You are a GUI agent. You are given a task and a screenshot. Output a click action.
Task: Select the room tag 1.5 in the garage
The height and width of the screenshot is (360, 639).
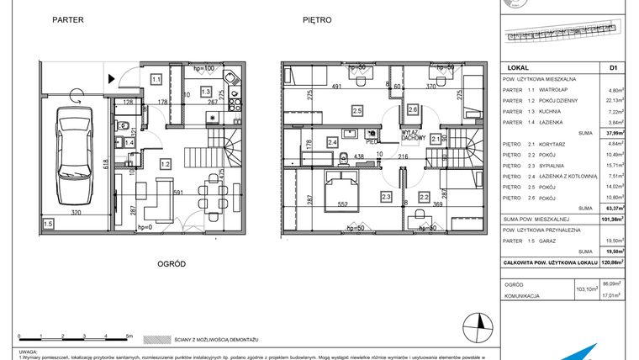[49, 223]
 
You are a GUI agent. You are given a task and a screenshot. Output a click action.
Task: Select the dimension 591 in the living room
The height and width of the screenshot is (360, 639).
[177, 193]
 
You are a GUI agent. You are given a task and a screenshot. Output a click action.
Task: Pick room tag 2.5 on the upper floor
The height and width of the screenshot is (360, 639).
[356, 110]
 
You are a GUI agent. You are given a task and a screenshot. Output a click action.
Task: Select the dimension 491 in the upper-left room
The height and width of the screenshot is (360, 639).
[335, 86]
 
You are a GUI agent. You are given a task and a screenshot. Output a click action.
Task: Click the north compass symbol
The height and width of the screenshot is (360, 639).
[480, 322]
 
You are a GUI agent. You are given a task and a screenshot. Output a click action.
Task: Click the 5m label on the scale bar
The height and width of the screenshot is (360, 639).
[129, 334]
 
